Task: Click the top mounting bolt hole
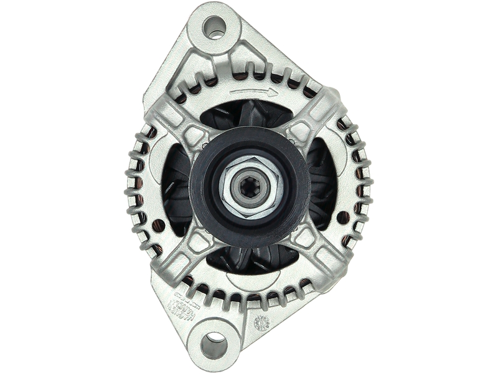214,27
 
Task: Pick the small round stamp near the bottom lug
261,322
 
